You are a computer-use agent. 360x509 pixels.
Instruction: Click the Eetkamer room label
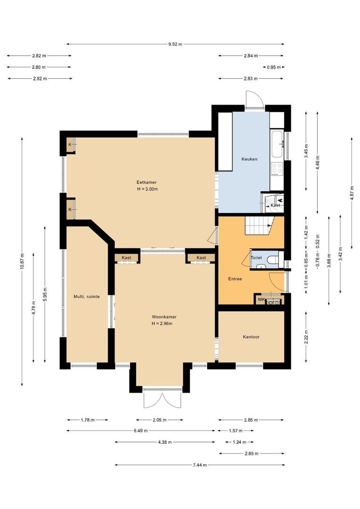pyautogui.click(x=147, y=182)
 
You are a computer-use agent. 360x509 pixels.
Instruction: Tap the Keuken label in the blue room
pyautogui.click(x=249, y=159)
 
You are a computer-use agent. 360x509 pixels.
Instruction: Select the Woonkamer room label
pyautogui.click(x=164, y=317)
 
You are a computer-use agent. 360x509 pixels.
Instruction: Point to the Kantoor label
pyautogui.click(x=251, y=337)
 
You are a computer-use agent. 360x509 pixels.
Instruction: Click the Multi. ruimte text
pyautogui.click(x=86, y=296)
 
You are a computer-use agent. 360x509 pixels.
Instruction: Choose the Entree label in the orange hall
pyautogui.click(x=235, y=279)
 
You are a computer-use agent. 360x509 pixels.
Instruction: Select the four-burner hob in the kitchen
pyautogui.click(x=277, y=168)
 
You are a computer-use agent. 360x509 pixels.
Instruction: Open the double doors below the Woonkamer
pyautogui.click(x=162, y=399)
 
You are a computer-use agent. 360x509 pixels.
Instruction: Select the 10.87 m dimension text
pyautogui.click(x=22, y=262)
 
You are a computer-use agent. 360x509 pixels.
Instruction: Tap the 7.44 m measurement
pyautogui.click(x=199, y=465)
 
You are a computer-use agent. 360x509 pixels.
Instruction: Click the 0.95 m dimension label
pyautogui.click(x=273, y=67)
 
